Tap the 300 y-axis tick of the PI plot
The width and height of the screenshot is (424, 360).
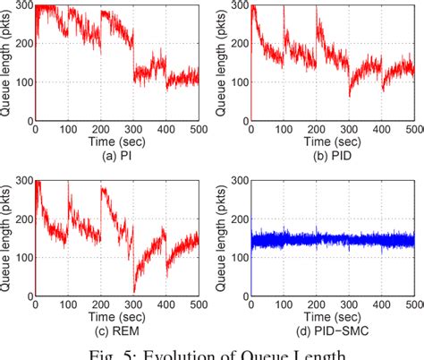coord(24,7)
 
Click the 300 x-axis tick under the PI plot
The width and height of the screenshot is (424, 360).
coord(133,129)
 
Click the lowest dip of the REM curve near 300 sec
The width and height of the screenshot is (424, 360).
coord(134,291)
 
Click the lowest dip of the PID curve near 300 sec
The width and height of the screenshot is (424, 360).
coord(350,96)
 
